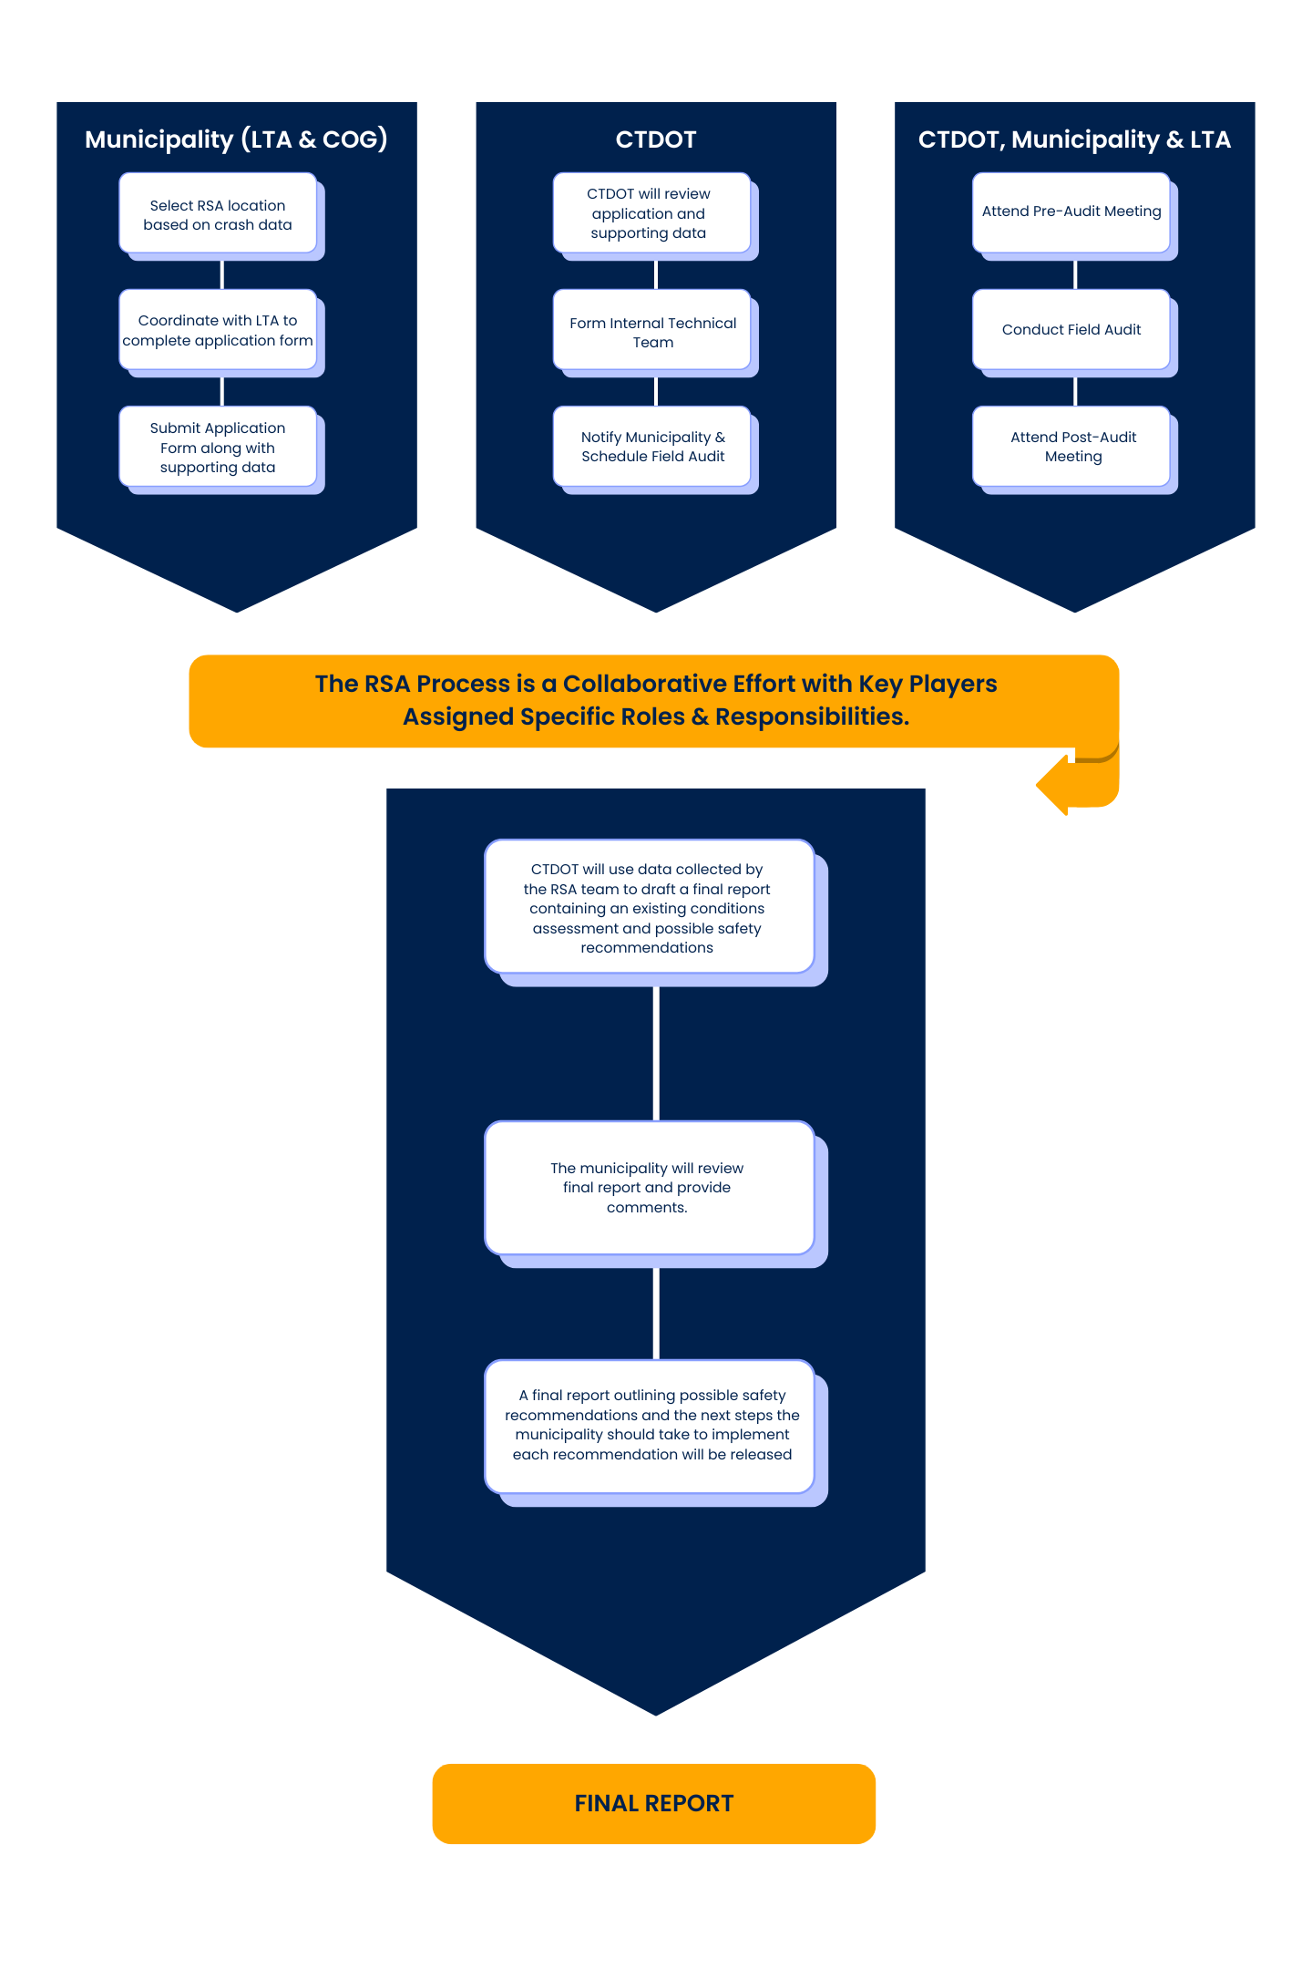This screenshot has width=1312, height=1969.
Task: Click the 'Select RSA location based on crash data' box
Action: point(218,214)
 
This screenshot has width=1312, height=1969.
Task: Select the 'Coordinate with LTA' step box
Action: point(218,330)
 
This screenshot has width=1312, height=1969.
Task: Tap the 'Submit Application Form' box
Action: point(218,447)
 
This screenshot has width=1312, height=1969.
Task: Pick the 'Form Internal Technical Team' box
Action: point(652,332)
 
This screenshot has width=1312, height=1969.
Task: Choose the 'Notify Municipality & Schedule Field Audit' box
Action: point(652,447)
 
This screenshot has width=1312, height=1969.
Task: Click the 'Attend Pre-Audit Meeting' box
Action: point(1071,211)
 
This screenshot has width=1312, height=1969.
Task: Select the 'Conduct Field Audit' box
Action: point(1071,330)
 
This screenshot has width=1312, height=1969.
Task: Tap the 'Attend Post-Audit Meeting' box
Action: point(1072,447)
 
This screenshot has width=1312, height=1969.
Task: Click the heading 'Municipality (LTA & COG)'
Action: point(236,139)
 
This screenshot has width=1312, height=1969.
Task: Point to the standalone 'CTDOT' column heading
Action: point(656,139)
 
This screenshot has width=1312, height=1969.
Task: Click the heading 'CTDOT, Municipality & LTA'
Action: point(1074,139)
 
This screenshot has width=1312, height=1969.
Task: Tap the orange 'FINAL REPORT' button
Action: point(654,1803)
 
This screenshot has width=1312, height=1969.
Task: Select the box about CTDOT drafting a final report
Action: point(648,908)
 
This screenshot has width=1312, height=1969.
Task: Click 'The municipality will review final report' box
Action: point(648,1187)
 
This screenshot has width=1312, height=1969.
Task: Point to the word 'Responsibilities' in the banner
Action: point(811,716)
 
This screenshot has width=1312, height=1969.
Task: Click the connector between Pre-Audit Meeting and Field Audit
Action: point(1075,273)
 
